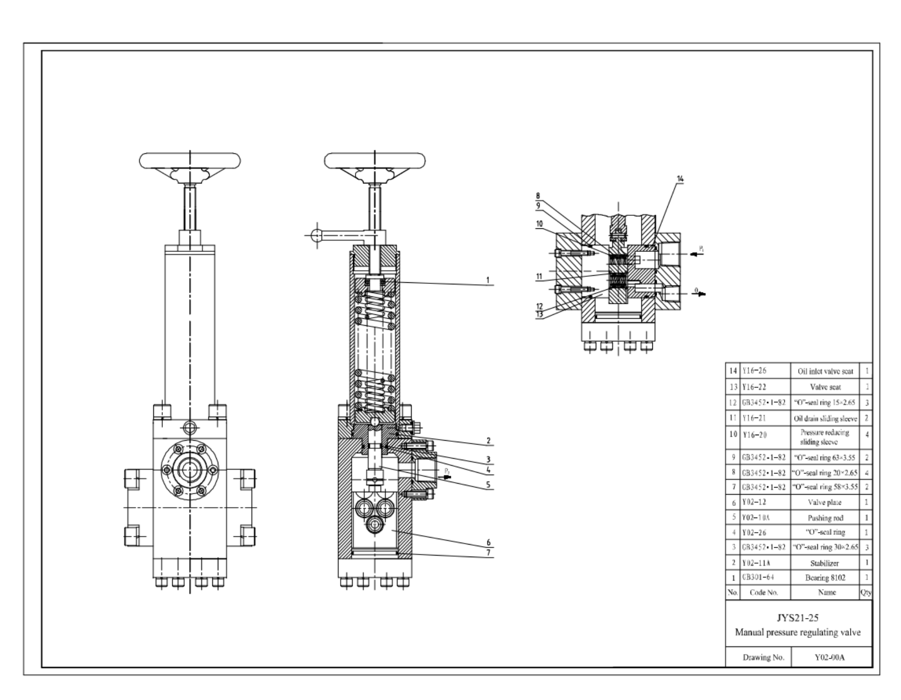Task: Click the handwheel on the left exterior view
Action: pos(189,161)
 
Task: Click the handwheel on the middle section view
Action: pos(375,161)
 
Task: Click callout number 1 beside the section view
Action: pos(488,280)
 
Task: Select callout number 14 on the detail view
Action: pos(680,178)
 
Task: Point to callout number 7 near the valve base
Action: pos(488,552)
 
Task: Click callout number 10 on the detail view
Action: pos(539,224)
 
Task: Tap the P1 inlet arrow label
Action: pos(701,248)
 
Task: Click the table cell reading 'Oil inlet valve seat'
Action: pos(825,371)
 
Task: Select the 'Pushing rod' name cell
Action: pos(825,518)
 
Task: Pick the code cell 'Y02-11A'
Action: pos(757,563)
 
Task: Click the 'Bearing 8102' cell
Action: pos(825,578)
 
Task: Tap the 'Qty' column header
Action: pos(866,593)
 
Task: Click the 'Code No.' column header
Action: pos(764,593)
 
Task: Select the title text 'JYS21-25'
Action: pos(797,618)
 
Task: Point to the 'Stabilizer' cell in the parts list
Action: pos(825,563)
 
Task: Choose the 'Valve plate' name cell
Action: pos(825,503)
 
